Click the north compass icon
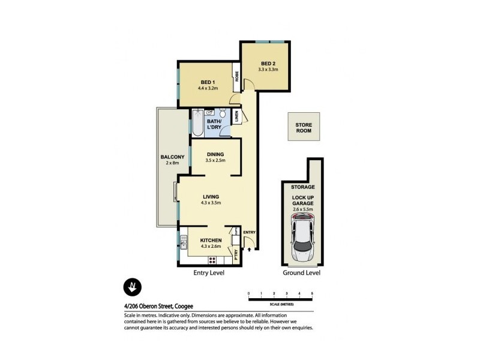click(x=133, y=287)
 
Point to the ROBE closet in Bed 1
click(x=238, y=77)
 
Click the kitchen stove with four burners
click(x=211, y=259)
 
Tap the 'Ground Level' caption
click(x=301, y=273)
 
